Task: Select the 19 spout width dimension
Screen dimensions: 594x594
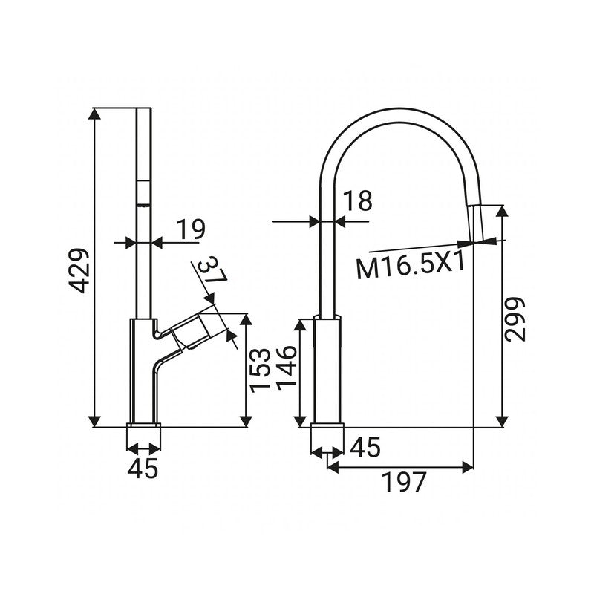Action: (190, 229)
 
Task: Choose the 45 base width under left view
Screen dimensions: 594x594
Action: (144, 469)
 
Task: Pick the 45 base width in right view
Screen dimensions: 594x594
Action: (364, 447)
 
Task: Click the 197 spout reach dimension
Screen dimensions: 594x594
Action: (405, 483)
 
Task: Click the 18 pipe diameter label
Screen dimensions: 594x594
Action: (357, 202)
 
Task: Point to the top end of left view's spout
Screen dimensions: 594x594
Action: (144, 110)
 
